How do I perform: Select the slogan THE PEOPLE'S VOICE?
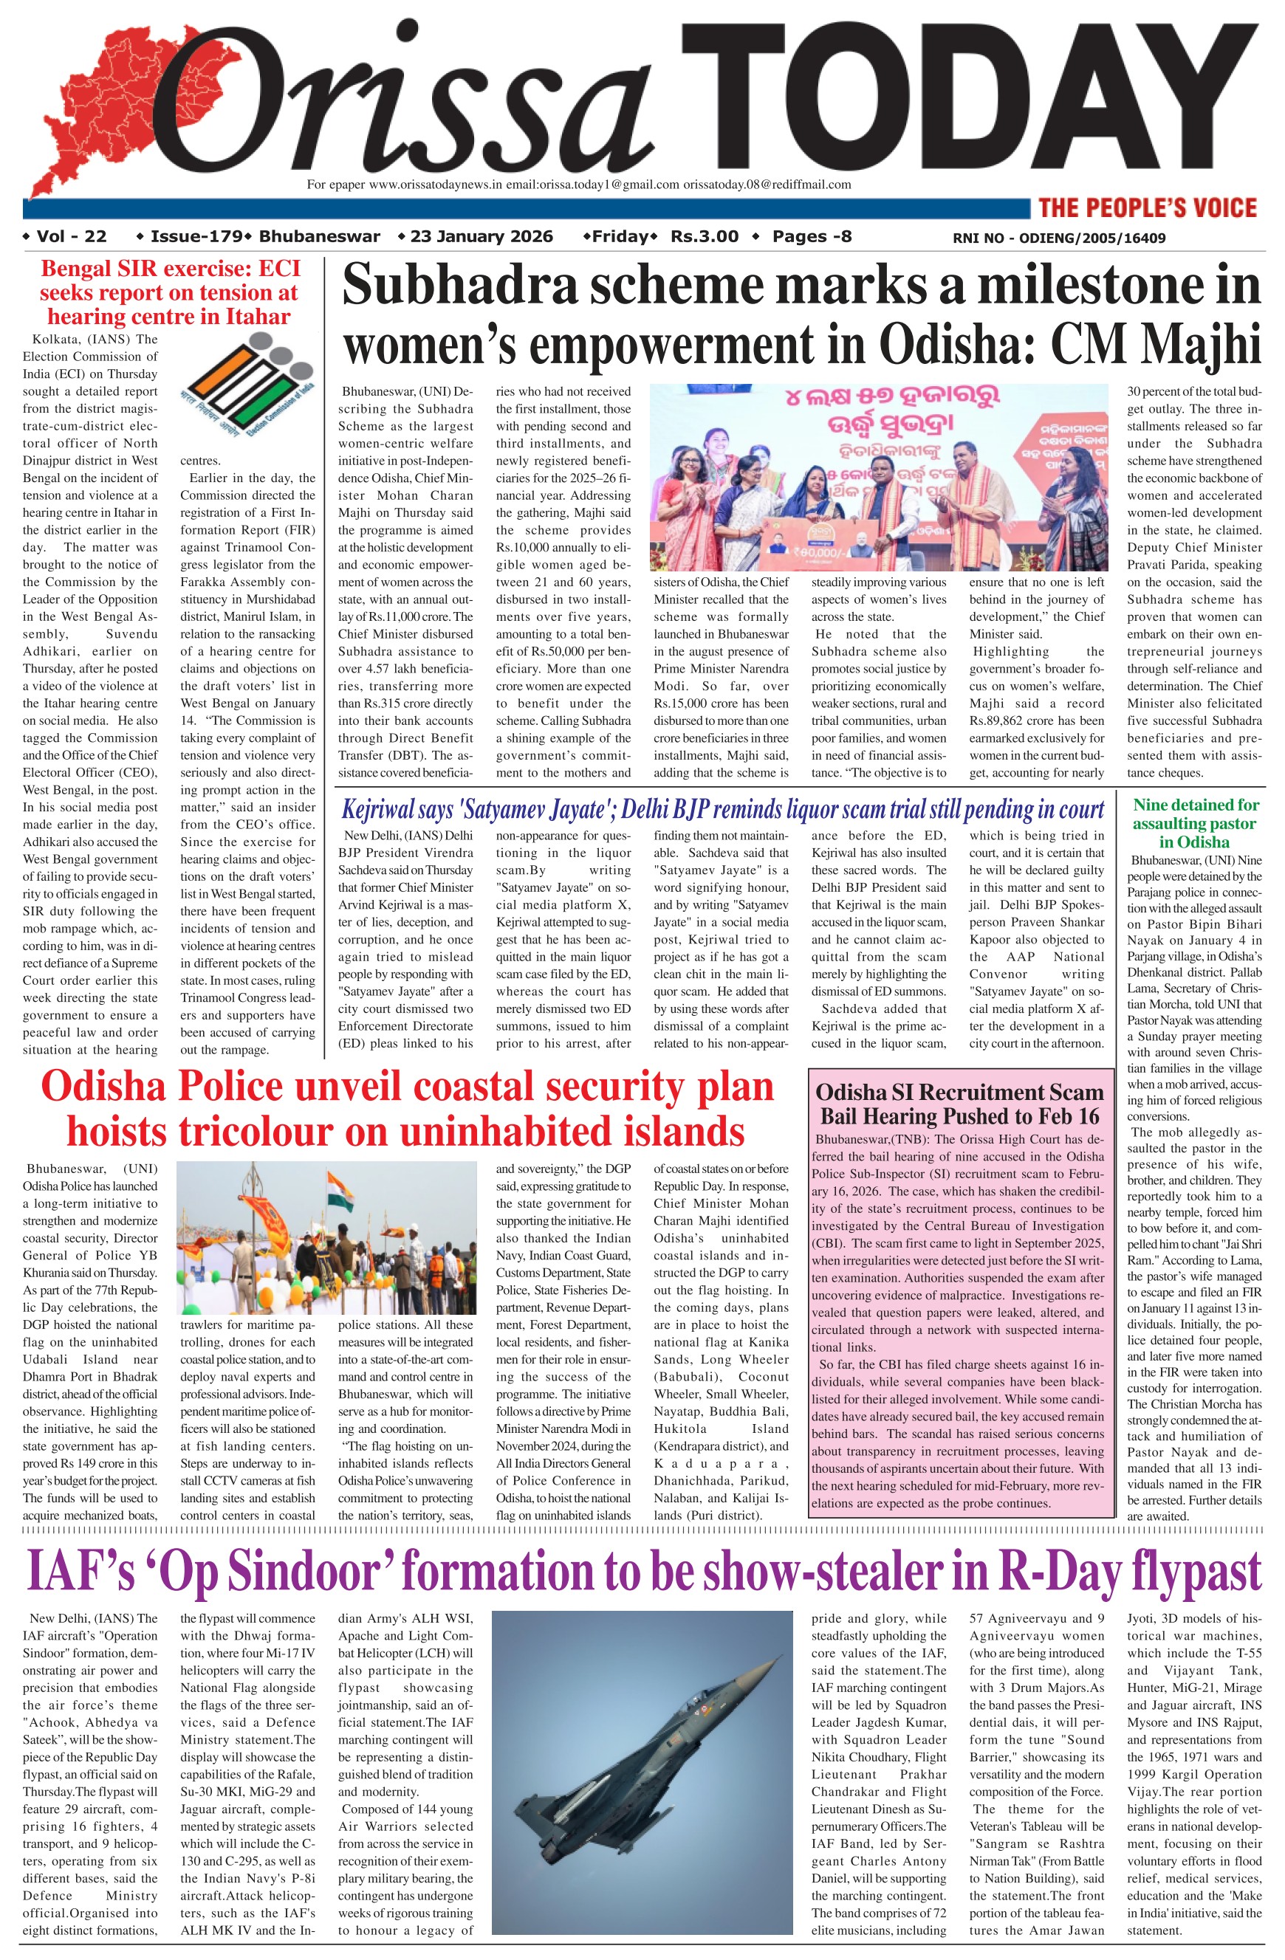(1148, 207)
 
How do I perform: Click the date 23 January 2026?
(481, 237)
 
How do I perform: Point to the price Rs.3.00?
(705, 237)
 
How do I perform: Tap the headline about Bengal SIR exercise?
(170, 292)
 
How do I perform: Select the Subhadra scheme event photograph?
(879, 477)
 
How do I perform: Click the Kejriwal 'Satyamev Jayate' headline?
(722, 810)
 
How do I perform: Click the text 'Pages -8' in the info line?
(812, 237)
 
